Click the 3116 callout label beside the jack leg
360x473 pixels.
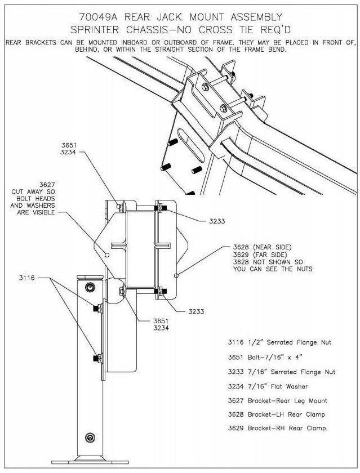point(41,278)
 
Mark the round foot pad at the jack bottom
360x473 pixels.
point(90,459)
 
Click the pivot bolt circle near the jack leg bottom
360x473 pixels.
point(90,438)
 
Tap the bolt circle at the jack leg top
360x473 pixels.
point(89,287)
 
